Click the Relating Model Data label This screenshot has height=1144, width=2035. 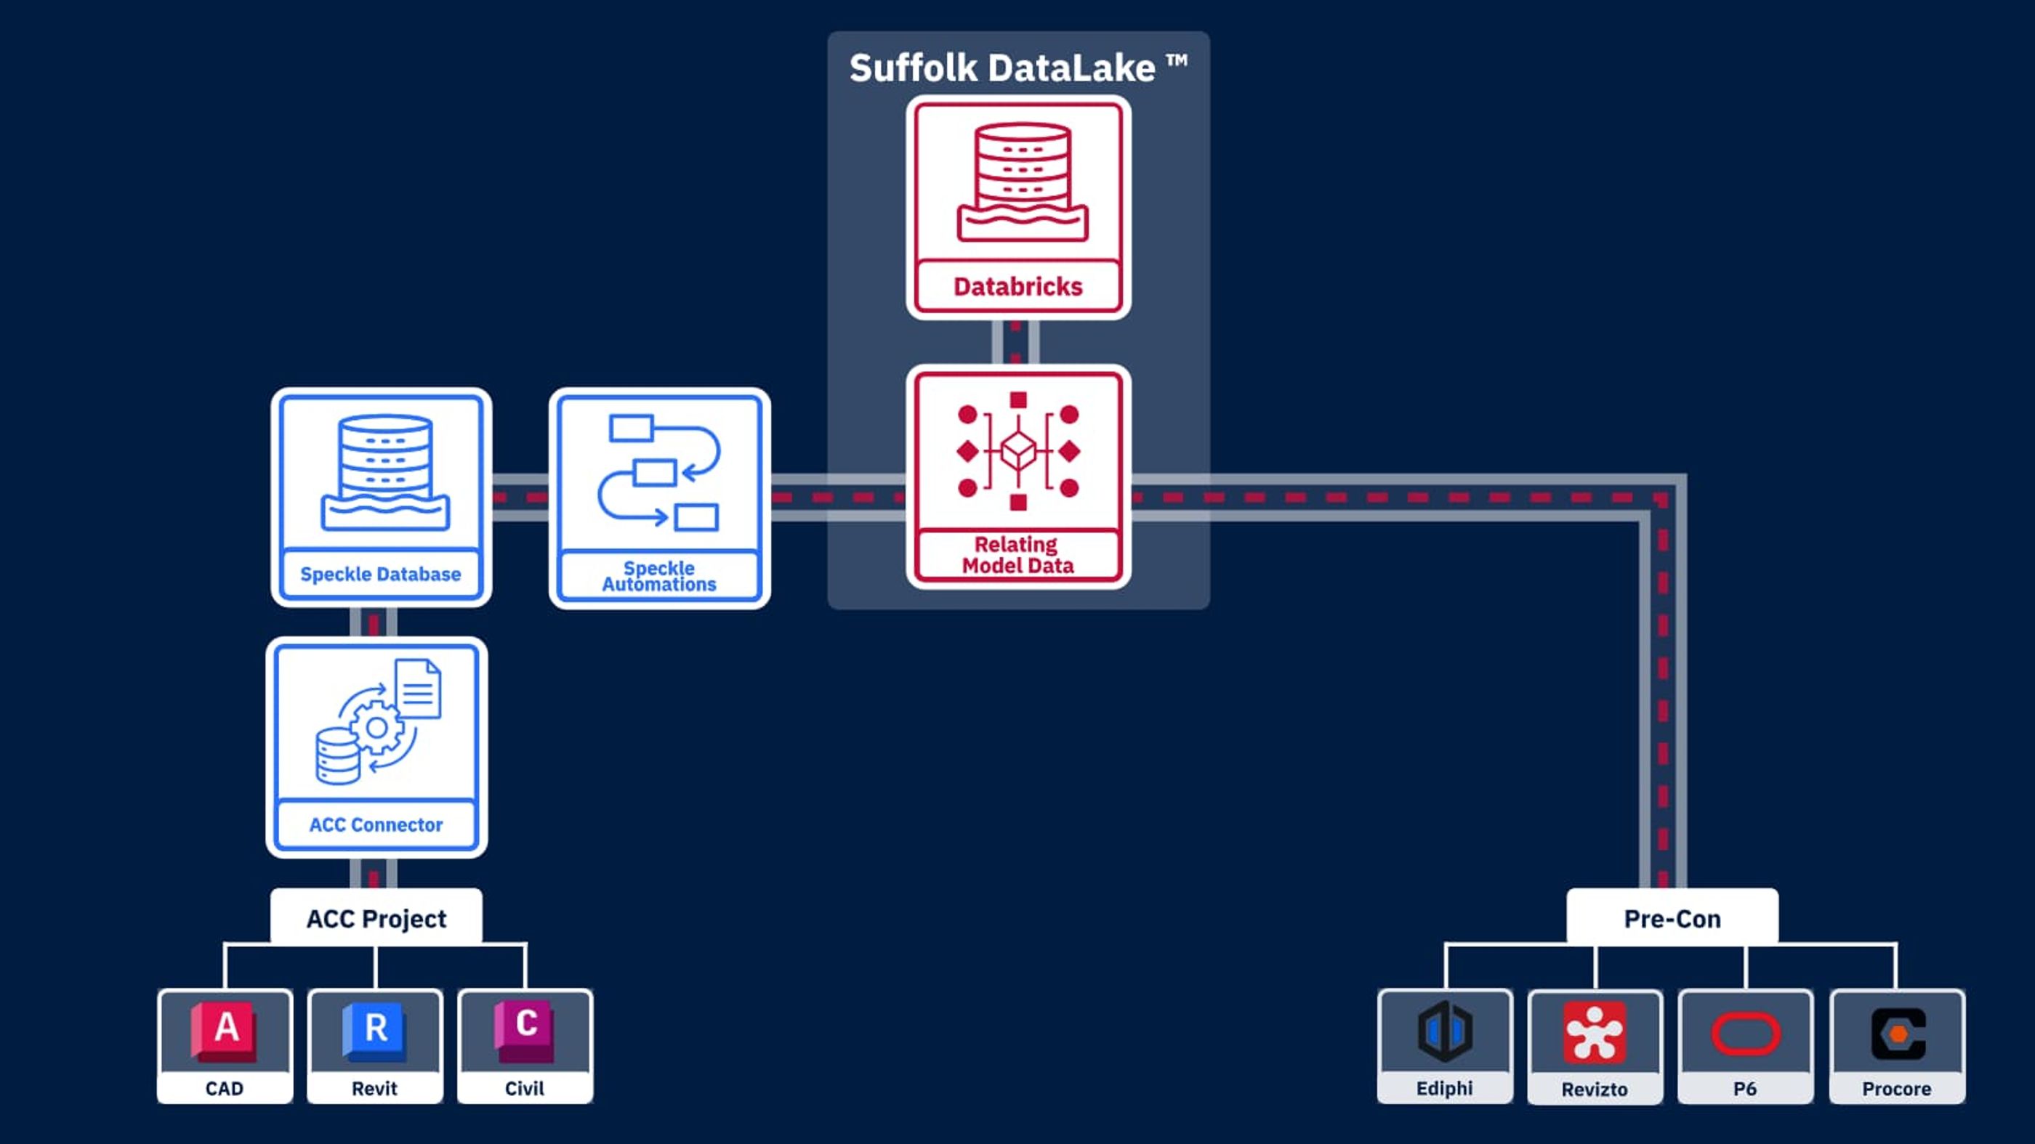tap(1017, 554)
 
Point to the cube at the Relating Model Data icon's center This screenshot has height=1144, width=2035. tap(1018, 451)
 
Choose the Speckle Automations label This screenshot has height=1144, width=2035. tap(659, 576)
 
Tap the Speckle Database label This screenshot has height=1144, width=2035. tap(380, 574)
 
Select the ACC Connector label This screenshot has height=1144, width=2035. tap(376, 824)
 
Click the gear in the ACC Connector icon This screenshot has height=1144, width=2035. tap(376, 727)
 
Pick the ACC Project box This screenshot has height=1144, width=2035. tap(376, 918)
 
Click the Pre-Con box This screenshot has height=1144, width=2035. tap(1672, 918)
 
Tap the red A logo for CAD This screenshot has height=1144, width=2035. tap(225, 1029)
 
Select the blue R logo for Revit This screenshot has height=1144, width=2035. tap(374, 1029)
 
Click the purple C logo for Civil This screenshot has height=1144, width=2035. tap(525, 1029)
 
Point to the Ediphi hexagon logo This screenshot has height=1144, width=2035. tap(1444, 1030)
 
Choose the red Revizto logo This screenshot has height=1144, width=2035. tap(1594, 1032)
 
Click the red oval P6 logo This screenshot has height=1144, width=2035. tap(1745, 1034)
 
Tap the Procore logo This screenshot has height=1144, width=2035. tap(1898, 1034)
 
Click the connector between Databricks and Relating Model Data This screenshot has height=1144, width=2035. tap(1016, 343)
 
